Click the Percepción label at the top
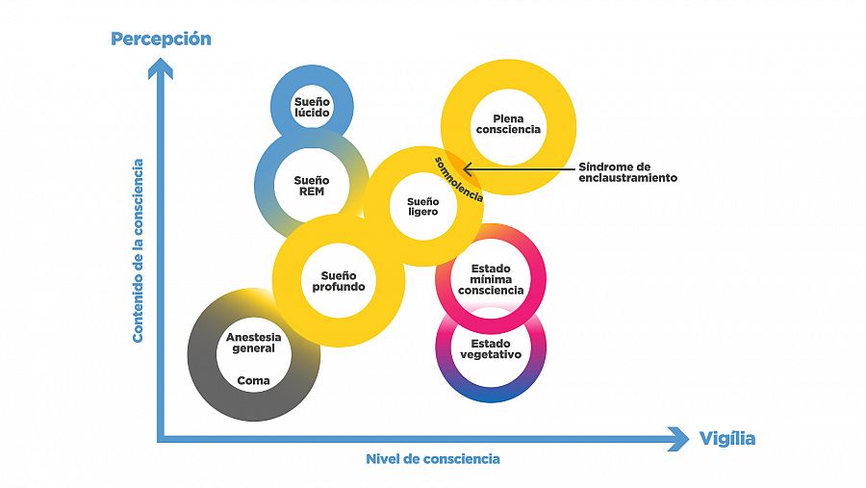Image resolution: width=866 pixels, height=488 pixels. [x=161, y=39]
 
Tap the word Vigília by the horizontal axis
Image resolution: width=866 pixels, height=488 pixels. [x=727, y=439]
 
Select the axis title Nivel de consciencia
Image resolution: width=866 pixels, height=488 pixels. [x=433, y=459]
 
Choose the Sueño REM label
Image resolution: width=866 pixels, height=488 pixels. [x=312, y=186]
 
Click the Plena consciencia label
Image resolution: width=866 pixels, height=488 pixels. [x=508, y=124]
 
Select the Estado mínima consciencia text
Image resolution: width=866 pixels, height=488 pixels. [x=491, y=279]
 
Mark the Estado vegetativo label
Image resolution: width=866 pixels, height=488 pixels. [x=491, y=348]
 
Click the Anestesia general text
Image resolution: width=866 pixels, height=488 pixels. [x=254, y=343]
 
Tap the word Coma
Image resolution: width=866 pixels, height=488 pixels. [x=254, y=380]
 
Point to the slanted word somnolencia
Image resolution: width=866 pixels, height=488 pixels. [x=458, y=177]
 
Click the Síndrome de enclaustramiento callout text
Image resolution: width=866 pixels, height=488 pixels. [x=627, y=172]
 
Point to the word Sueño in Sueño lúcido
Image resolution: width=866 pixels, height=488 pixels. [x=312, y=100]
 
